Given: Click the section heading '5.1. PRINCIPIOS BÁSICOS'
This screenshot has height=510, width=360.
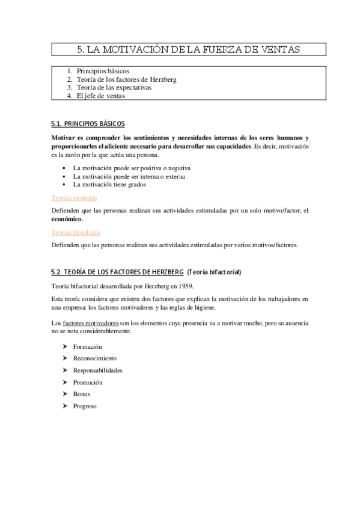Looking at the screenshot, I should tap(88, 124).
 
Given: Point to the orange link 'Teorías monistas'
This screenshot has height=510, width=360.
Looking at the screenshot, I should tap(75, 197).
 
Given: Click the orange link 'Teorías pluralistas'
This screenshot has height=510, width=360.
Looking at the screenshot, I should tap(76, 232).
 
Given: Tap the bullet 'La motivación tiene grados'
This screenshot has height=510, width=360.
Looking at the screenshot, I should tap(109, 185).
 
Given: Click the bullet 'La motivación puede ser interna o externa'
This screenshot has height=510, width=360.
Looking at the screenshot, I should tap(129, 177).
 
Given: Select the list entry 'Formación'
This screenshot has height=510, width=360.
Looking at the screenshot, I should tap(87, 347).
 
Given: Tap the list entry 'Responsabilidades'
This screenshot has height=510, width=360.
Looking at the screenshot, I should tap(97, 370).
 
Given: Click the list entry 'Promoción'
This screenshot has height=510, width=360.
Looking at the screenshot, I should tap(88, 382).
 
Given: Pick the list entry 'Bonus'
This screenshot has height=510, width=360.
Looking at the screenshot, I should tap(82, 393).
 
